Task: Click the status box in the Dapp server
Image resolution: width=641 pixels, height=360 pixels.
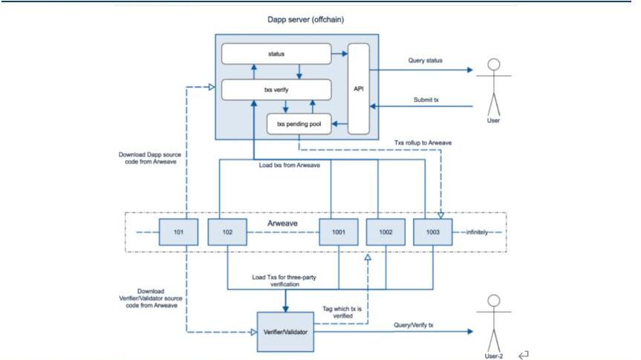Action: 276,53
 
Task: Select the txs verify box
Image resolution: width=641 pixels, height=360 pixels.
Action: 276,89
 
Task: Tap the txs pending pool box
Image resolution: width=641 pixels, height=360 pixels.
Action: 298,123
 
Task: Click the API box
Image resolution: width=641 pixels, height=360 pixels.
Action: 358,89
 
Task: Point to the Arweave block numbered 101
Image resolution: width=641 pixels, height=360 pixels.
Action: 178,231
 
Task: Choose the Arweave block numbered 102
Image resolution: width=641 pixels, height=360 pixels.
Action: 227,231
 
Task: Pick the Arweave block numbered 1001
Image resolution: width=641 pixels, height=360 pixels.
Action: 339,231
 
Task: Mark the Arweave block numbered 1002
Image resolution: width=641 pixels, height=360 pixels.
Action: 386,231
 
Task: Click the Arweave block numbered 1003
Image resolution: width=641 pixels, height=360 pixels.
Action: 432,231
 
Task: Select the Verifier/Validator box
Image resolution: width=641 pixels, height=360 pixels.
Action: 286,332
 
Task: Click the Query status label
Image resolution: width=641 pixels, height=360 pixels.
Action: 426,60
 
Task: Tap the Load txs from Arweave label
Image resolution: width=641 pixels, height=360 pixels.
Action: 289,165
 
